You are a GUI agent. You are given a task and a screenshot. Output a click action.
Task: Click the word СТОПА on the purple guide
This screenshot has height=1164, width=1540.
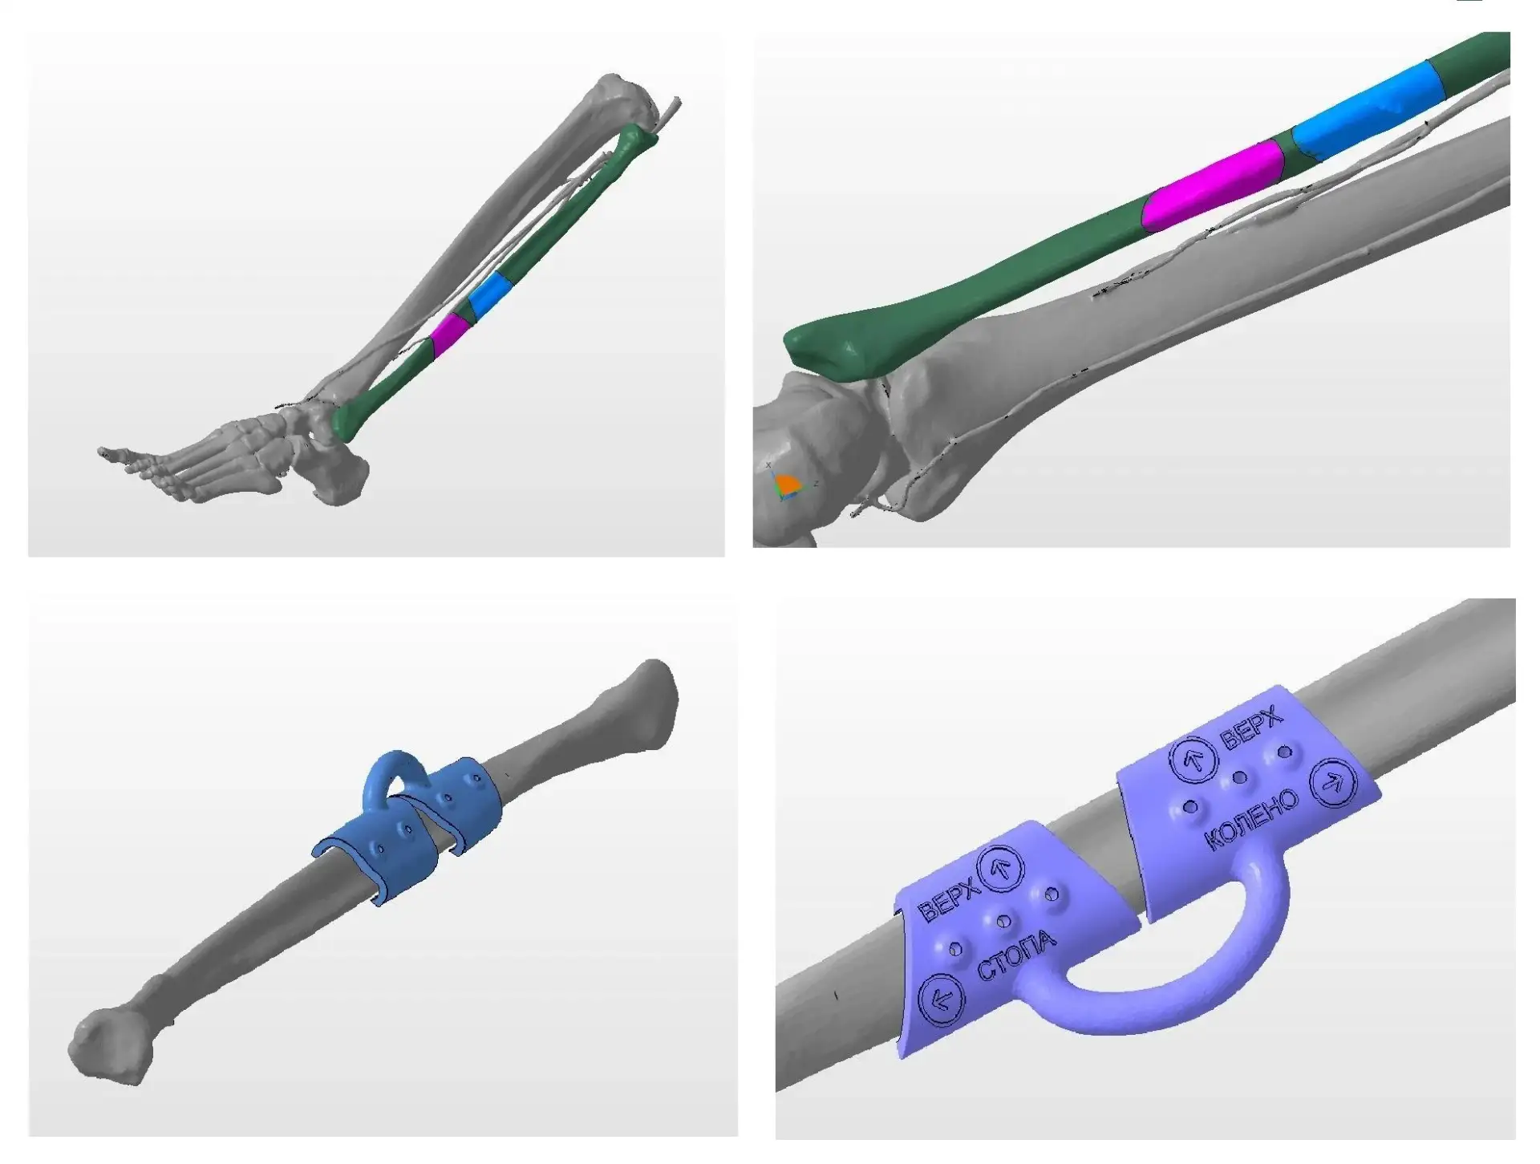pos(1016,955)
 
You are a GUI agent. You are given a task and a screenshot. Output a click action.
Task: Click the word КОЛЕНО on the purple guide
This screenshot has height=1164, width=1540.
pos(1252,821)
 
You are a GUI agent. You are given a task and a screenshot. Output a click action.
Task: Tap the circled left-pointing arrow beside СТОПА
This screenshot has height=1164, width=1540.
pos(941,999)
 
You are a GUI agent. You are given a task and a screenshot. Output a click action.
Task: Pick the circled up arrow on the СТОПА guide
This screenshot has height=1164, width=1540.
pos(1003,868)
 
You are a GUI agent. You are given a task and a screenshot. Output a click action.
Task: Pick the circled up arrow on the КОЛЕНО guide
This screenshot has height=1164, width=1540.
pos(1193,760)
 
